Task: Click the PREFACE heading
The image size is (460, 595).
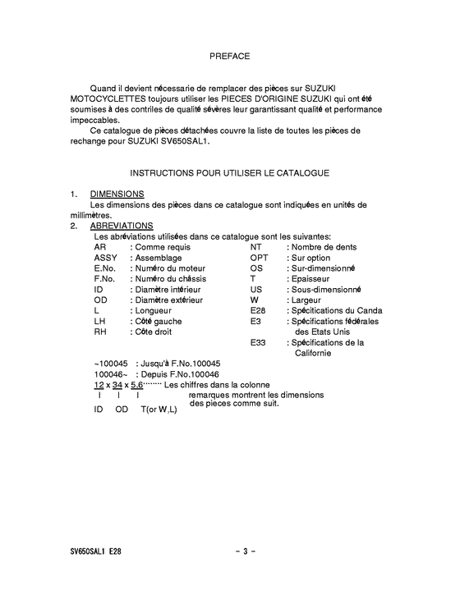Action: coord(229,57)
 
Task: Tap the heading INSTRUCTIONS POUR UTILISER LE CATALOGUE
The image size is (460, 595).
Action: coord(229,173)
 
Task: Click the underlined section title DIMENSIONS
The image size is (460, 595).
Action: coord(117,194)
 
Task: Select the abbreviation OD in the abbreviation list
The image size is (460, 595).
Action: coord(101,300)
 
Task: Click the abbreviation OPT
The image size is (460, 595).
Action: coord(260,258)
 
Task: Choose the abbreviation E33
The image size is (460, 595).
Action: coord(259,342)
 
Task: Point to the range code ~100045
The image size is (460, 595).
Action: coord(111,364)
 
